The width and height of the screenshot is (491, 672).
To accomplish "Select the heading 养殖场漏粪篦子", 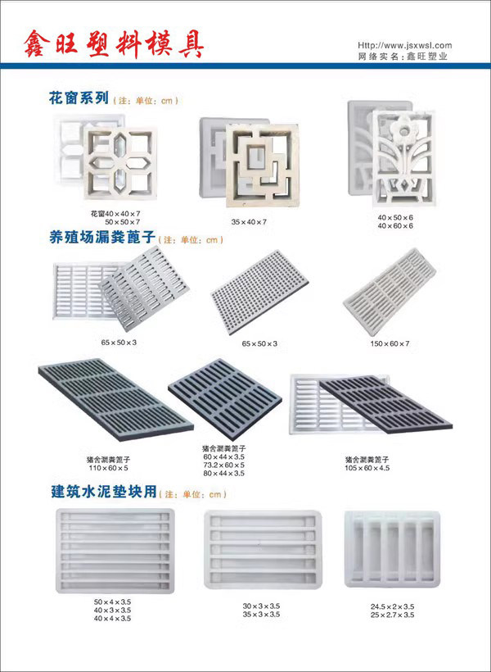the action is (x=102, y=238).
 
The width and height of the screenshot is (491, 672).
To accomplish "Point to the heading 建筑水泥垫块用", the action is (x=103, y=493).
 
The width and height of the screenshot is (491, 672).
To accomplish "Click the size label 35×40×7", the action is (x=249, y=221).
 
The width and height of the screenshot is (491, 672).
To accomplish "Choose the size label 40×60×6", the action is (x=395, y=225).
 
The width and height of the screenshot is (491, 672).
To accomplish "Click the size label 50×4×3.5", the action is (x=112, y=602).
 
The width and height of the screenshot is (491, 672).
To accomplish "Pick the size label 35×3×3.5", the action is (x=261, y=614).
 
